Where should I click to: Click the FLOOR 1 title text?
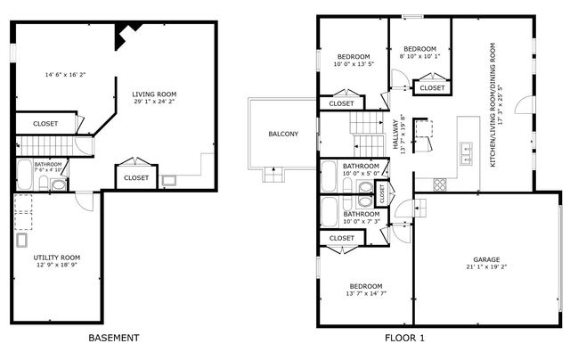pos(404,338)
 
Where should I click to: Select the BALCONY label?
pos(283,134)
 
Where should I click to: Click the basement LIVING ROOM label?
pos(154,94)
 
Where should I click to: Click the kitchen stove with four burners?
pos(439,184)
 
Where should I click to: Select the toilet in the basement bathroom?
pos(58,185)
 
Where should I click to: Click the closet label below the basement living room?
pos(136,177)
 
